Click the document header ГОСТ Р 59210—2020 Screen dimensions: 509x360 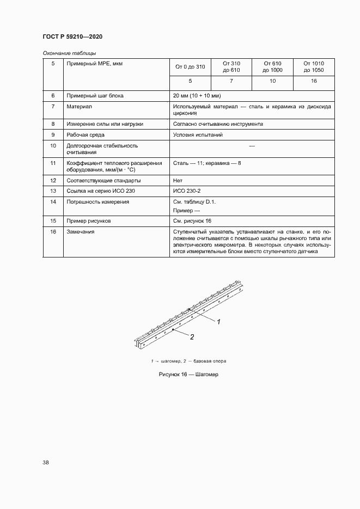72,36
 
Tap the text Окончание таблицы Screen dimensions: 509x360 69,53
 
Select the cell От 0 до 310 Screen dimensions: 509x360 190,67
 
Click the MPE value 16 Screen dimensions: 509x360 313,81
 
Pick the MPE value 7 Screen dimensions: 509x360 231,81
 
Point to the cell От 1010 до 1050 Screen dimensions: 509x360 313,67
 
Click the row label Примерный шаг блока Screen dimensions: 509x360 95,95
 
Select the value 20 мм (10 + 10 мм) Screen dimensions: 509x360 198,95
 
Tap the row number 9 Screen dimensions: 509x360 53,134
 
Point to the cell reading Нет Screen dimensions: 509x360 178,180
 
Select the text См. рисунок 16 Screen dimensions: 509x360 192,221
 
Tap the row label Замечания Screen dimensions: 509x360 80,232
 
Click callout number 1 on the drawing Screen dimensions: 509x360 218,322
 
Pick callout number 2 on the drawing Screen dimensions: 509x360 192,337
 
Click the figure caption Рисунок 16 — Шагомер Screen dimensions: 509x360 188,375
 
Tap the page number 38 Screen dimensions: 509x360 46,462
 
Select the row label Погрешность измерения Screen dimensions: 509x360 97,201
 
